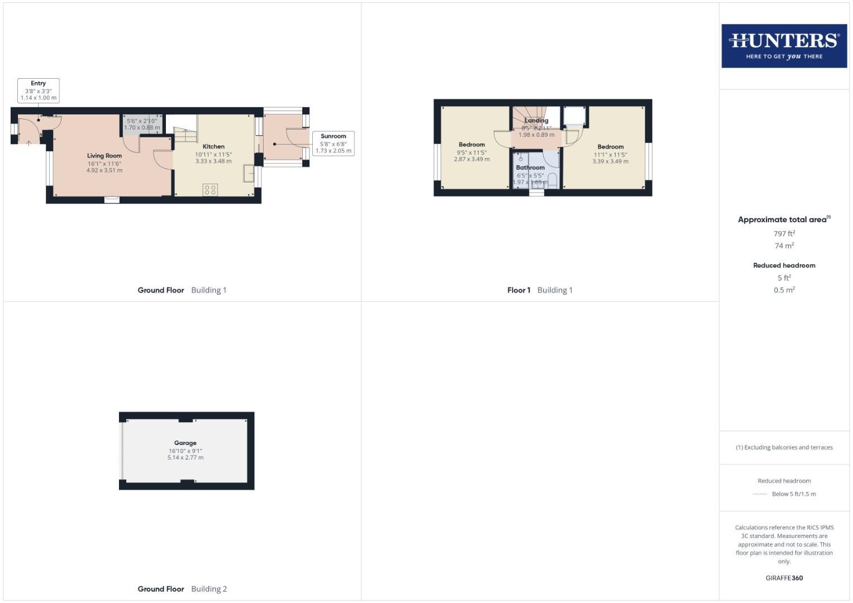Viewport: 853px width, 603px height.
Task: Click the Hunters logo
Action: click(x=784, y=46)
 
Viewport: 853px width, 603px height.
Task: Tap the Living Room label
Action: click(x=104, y=156)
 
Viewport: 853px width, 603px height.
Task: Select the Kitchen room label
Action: click(x=213, y=146)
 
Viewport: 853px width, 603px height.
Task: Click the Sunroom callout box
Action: click(x=333, y=143)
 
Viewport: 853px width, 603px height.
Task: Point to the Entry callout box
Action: click(x=38, y=90)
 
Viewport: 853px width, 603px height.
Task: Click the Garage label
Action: click(x=185, y=443)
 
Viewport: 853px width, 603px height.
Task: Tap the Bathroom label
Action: click(x=530, y=167)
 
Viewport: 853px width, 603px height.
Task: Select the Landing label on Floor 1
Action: click(x=536, y=121)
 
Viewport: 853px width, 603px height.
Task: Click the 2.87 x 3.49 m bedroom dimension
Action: click(x=471, y=159)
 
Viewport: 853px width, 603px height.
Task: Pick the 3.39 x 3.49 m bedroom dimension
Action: click(x=610, y=161)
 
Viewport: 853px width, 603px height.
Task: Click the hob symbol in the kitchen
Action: click(x=210, y=190)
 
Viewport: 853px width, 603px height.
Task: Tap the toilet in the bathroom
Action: click(x=552, y=180)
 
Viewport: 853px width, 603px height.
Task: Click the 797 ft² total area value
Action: click(x=784, y=233)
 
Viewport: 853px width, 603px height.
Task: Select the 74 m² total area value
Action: click(x=784, y=246)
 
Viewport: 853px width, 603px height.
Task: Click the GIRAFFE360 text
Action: click(x=784, y=578)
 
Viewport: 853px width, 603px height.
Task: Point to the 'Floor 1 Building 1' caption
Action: click(x=540, y=290)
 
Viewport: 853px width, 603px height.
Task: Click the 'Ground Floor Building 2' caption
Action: click(x=182, y=588)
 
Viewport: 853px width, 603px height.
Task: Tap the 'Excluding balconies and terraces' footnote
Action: click(x=784, y=447)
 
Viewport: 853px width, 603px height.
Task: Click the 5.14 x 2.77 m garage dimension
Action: click(x=185, y=458)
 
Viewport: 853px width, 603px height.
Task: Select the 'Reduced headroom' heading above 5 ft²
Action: click(x=784, y=265)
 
